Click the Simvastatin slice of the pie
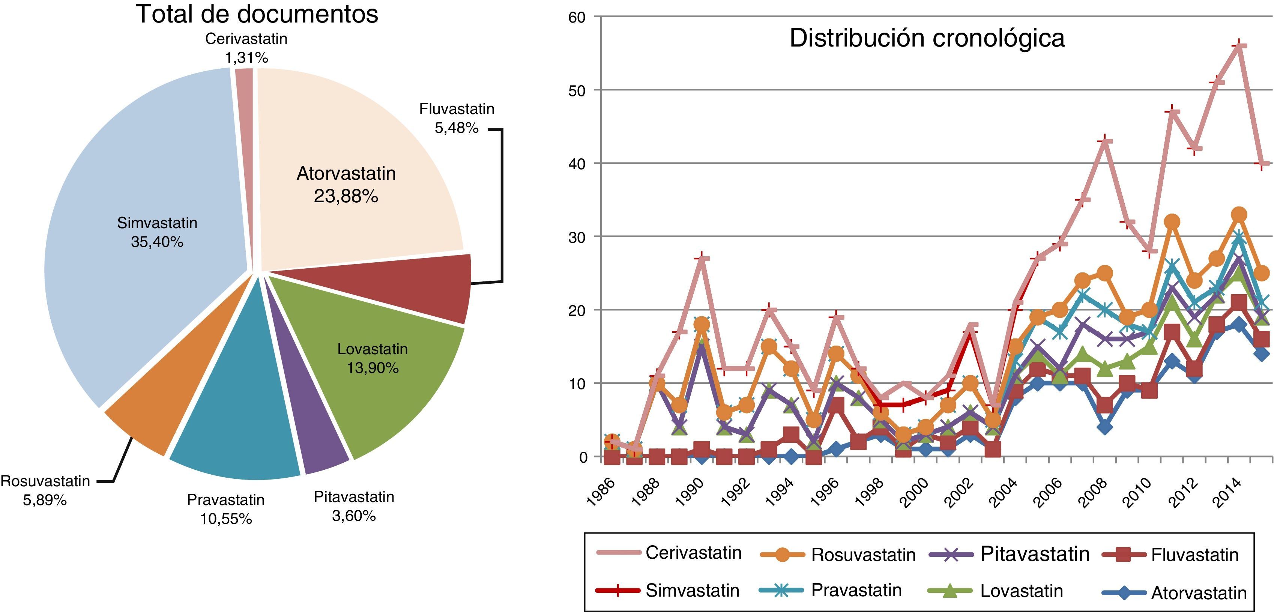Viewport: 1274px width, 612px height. pos(148,233)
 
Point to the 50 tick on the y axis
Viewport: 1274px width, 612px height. pos(577,90)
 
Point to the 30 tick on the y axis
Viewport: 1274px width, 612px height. pos(577,237)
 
